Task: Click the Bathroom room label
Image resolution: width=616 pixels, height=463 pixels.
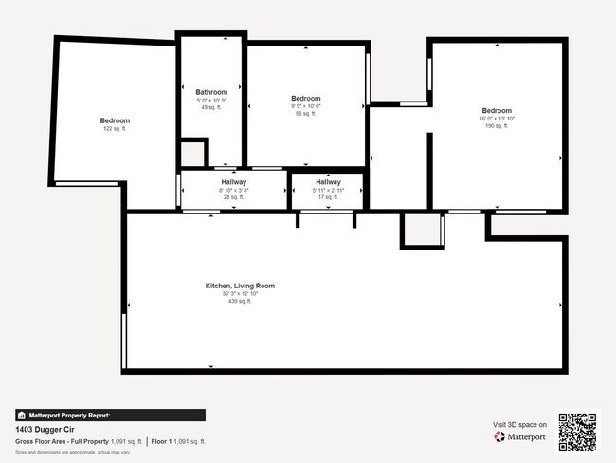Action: point(211,92)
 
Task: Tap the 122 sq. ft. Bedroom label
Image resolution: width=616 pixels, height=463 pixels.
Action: point(115,128)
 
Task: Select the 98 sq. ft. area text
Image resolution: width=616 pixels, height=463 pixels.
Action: point(305,114)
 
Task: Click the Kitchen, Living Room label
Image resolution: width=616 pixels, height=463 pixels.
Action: point(240,286)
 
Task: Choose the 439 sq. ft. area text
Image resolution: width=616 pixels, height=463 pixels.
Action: point(240,302)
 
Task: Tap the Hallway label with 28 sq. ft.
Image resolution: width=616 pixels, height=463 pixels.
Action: point(234,182)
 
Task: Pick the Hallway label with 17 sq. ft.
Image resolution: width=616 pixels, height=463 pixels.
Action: point(328,182)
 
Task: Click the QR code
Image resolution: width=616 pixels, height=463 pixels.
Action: point(577,431)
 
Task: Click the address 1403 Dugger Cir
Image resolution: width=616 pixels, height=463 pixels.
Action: point(45,429)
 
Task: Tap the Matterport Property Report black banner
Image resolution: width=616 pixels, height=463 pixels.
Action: point(110,415)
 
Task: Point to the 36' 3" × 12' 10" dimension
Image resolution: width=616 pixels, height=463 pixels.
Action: point(240,294)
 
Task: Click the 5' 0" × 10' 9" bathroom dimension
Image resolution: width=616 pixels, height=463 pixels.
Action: point(211,100)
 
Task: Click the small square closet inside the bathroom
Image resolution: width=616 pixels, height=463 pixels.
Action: point(192,152)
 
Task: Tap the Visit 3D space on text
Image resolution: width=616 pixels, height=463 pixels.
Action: point(519,424)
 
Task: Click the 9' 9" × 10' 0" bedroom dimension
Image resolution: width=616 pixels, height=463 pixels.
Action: point(305,106)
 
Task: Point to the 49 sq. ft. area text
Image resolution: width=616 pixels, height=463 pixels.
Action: point(211,107)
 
